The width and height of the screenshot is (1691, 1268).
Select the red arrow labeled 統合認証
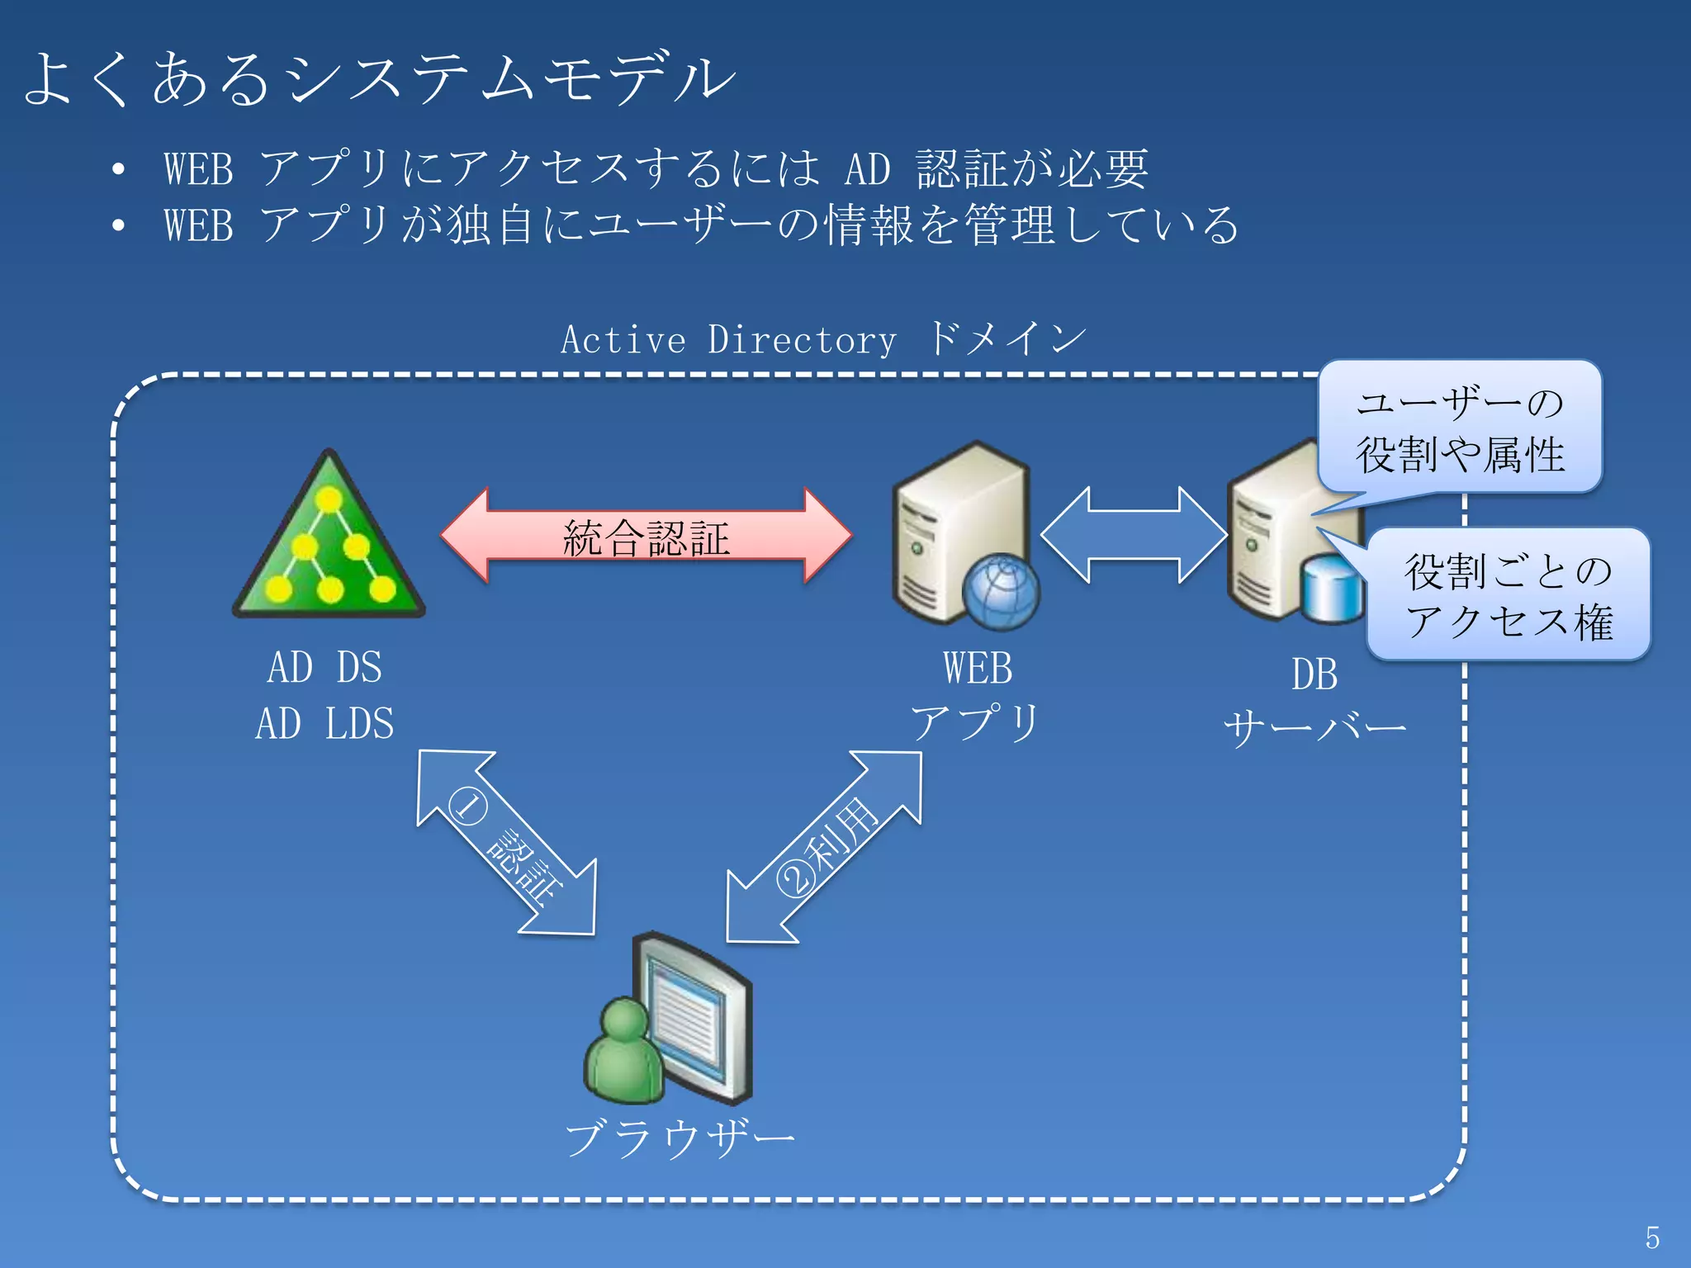(646, 537)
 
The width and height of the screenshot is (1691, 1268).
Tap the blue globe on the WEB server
(1001, 592)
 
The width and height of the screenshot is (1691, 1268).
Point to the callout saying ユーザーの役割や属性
(1460, 428)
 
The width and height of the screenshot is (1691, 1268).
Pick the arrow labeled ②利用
(824, 846)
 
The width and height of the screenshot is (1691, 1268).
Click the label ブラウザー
(679, 1138)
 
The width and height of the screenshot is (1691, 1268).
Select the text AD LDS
(324, 724)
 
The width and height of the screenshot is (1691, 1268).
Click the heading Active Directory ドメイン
(822, 339)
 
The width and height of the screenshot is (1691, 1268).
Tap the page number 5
(1651, 1237)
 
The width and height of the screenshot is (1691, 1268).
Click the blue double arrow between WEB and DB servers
(1134, 535)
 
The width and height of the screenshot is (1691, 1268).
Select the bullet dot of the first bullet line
(119, 169)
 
